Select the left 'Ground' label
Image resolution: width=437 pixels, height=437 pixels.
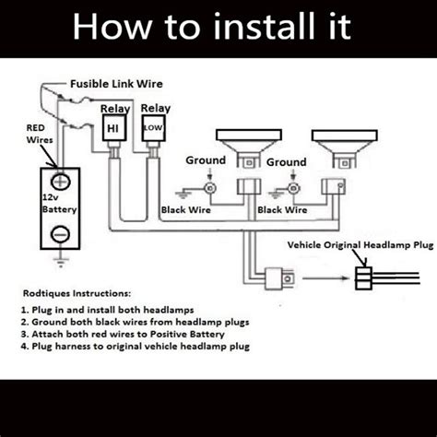205,160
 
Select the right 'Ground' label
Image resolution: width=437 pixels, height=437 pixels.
286,162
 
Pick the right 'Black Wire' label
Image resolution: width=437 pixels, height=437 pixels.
282,209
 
